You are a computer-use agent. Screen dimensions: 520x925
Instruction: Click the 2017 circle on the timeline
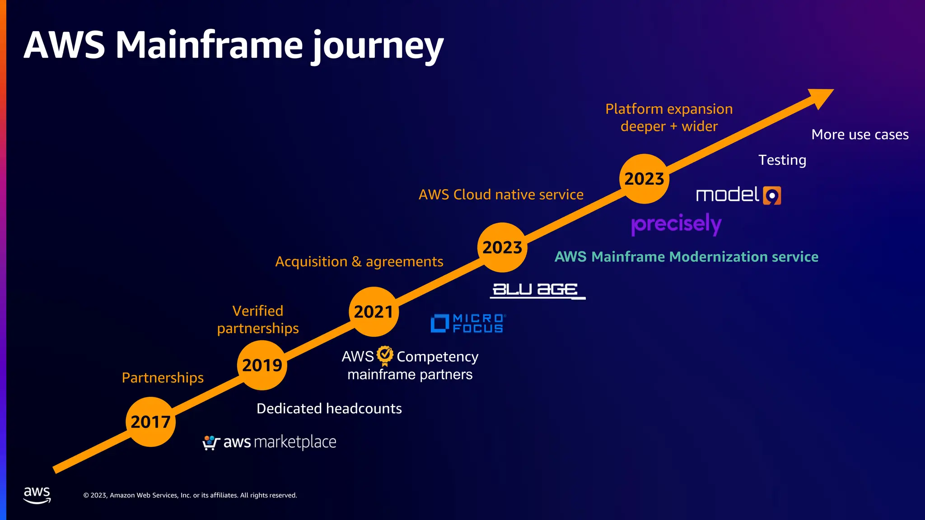tap(150, 422)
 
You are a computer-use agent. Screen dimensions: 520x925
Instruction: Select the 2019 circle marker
tap(262, 365)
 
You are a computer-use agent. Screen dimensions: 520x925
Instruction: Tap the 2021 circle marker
tap(374, 311)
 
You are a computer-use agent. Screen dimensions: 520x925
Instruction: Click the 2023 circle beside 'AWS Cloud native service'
tap(502, 247)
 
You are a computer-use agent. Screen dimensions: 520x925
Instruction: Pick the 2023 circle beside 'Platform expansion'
tap(644, 179)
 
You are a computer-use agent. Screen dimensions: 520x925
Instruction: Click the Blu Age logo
tap(537, 290)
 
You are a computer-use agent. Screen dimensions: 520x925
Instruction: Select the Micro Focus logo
tap(468, 323)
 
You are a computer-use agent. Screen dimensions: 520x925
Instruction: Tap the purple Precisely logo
tap(676, 224)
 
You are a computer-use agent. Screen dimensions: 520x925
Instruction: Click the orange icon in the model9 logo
tap(772, 195)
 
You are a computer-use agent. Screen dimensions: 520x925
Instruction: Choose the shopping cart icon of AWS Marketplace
tap(210, 442)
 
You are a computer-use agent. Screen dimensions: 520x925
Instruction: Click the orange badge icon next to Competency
tap(385, 355)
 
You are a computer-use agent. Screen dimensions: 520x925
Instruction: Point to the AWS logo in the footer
tap(37, 495)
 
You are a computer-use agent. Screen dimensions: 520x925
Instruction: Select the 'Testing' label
tap(782, 160)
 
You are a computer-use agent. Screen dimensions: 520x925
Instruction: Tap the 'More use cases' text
tap(860, 135)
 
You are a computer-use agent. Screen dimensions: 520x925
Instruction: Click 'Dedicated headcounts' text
tap(329, 409)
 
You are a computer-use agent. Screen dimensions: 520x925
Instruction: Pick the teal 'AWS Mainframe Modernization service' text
tap(686, 257)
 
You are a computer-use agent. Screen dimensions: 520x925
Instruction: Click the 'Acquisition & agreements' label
tap(359, 261)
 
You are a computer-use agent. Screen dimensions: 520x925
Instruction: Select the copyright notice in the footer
tap(190, 495)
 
